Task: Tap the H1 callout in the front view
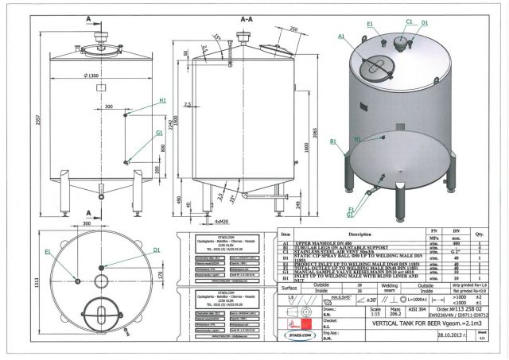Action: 161,101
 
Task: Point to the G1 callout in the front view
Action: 159,134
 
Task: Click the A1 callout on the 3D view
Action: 341,37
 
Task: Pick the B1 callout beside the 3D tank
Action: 336,141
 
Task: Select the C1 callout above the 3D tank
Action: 410,21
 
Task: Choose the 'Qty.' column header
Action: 479,235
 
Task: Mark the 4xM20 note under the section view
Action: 222,221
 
